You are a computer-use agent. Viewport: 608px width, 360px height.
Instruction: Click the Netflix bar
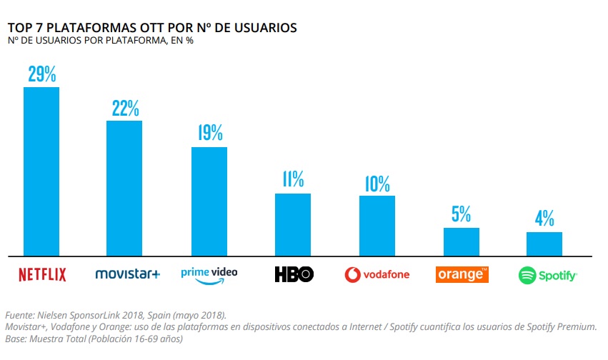pyautogui.click(x=41, y=171)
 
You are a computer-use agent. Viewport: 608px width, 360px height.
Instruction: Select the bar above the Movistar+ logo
pyautogui.click(x=124, y=187)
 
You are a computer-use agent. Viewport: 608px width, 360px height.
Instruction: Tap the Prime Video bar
pyautogui.click(x=209, y=201)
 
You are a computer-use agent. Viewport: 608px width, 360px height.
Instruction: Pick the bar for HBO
pyautogui.click(x=293, y=224)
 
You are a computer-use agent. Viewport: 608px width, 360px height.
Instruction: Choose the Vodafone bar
pyautogui.click(x=377, y=225)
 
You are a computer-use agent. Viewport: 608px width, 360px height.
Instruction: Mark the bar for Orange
pyautogui.click(x=461, y=241)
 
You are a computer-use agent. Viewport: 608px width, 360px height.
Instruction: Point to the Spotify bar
pyautogui.click(x=544, y=243)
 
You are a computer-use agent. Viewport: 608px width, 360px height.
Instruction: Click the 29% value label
pyautogui.click(x=41, y=75)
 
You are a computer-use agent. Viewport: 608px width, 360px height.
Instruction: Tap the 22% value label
pyautogui.click(x=125, y=109)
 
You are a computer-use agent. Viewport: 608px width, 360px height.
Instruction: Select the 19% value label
pyautogui.click(x=209, y=133)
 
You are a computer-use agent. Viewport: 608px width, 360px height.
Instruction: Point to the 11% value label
pyautogui.click(x=293, y=180)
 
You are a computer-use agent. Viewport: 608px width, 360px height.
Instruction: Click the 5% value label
pyautogui.click(x=461, y=214)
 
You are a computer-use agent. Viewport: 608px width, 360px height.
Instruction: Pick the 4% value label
pyautogui.click(x=544, y=219)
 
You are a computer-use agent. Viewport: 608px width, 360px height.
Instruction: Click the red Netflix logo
pyautogui.click(x=41, y=274)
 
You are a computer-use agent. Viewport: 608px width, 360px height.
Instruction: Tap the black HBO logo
pyautogui.click(x=294, y=274)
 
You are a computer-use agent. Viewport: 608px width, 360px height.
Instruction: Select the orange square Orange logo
pyautogui.click(x=462, y=274)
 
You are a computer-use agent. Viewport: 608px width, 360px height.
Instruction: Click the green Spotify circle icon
pyautogui.click(x=527, y=274)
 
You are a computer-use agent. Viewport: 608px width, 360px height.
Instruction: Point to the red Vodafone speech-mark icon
pyautogui.click(x=352, y=274)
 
